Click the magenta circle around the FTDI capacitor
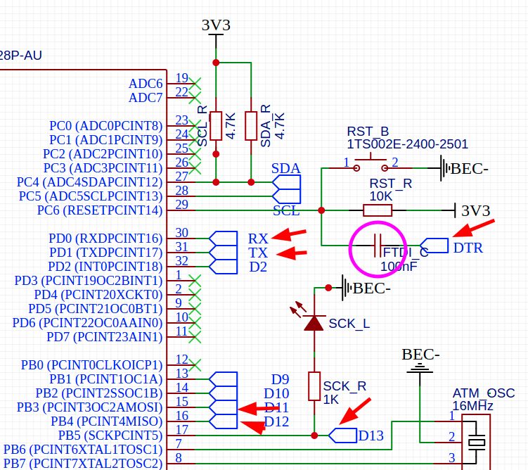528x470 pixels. (379, 249)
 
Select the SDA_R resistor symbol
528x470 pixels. (250, 125)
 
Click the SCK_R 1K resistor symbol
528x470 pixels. (314, 386)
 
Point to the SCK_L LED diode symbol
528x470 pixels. (314, 322)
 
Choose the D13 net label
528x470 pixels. (371, 436)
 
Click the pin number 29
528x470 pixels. (182, 204)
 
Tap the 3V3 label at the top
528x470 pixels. (216, 25)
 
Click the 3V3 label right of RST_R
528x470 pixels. (475, 210)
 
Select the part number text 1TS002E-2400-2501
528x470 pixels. (407, 145)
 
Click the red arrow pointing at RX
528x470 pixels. (290, 234)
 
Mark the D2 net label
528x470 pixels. (258, 266)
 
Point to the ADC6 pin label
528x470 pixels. (146, 83)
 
